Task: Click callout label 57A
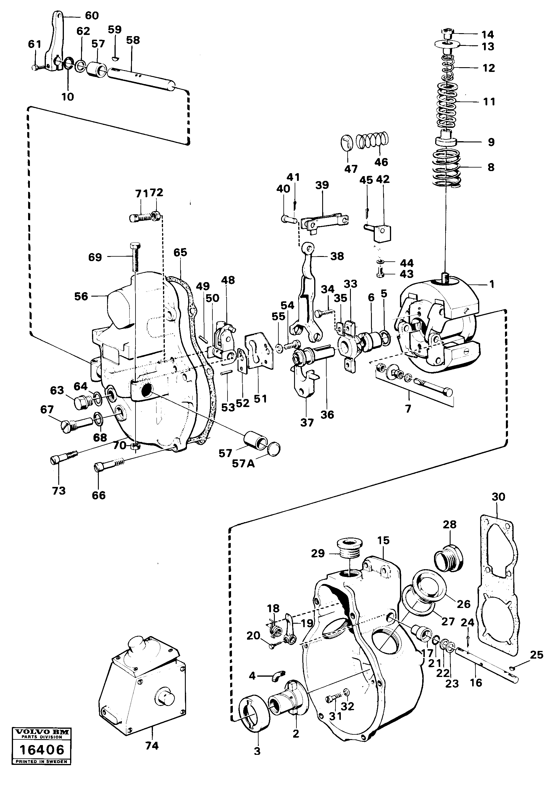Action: click(x=243, y=464)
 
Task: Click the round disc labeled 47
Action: click(x=348, y=143)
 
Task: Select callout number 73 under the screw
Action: click(x=59, y=491)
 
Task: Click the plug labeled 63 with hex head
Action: click(x=81, y=402)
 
